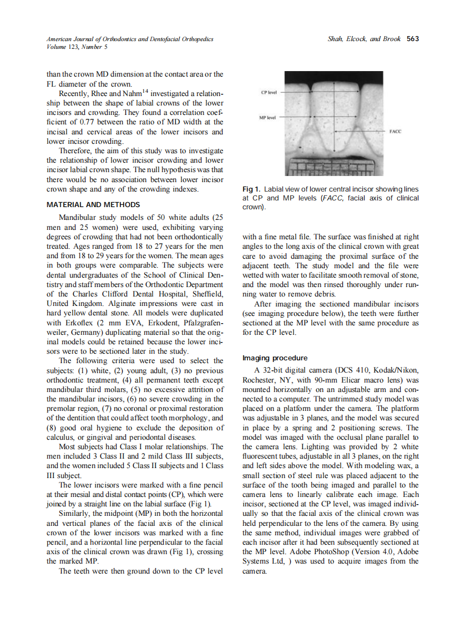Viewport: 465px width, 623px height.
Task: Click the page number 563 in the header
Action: click(x=412, y=39)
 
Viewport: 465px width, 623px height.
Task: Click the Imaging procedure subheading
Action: click(x=275, y=358)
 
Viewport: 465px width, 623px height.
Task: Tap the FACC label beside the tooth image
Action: click(x=395, y=132)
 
